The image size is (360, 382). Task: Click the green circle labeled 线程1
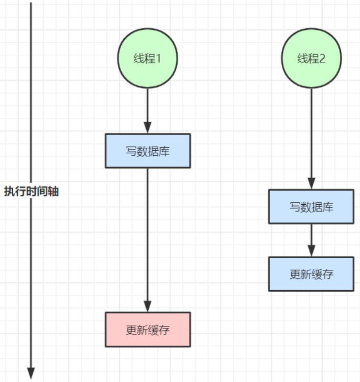pyautogui.click(x=147, y=58)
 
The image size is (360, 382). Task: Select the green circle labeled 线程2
pyautogui.click(x=311, y=58)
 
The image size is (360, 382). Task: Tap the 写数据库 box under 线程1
pyautogui.click(x=148, y=151)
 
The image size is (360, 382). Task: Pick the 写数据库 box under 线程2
pyautogui.click(x=311, y=207)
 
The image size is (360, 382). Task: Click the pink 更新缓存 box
pyautogui.click(x=148, y=329)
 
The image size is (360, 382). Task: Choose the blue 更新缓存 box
pyautogui.click(x=311, y=274)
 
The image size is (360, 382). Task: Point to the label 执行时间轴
pyautogui.click(x=31, y=191)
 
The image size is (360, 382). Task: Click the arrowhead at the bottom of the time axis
pyautogui.click(x=31, y=373)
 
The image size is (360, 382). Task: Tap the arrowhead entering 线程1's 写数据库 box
pyautogui.click(x=147, y=127)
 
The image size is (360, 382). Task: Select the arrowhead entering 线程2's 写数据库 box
pyautogui.click(x=311, y=183)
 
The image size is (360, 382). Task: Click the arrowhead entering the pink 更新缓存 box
pyautogui.click(x=147, y=306)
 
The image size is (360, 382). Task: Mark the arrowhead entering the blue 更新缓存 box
pyautogui.click(x=311, y=251)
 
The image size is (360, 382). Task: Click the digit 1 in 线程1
pyautogui.click(x=158, y=59)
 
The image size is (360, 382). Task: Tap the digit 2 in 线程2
pyautogui.click(x=322, y=59)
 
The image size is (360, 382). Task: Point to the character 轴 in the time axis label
pyautogui.click(x=54, y=191)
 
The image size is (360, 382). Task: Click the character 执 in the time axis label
pyautogui.click(x=9, y=191)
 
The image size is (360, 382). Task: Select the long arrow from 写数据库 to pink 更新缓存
pyautogui.click(x=147, y=240)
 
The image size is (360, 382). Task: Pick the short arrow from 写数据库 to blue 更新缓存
pyautogui.click(x=311, y=241)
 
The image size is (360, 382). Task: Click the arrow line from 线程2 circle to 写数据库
pyautogui.click(x=311, y=138)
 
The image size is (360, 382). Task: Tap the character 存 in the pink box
pyautogui.click(x=164, y=330)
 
